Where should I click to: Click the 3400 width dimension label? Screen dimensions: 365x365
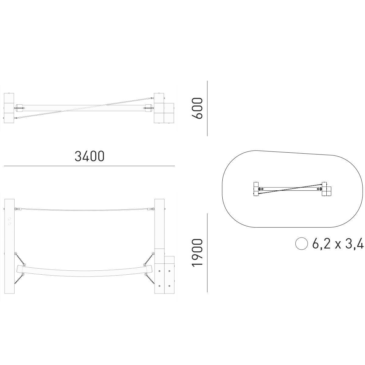(x=89, y=156)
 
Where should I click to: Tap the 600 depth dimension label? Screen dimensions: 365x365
(x=197, y=108)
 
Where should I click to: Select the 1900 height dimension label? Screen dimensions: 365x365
(x=197, y=253)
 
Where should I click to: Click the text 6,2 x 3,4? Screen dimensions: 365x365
(x=338, y=244)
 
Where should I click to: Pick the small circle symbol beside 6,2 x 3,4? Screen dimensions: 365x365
(x=301, y=243)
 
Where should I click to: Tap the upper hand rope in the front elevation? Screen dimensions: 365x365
(x=85, y=210)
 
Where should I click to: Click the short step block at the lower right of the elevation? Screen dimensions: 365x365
(x=169, y=275)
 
